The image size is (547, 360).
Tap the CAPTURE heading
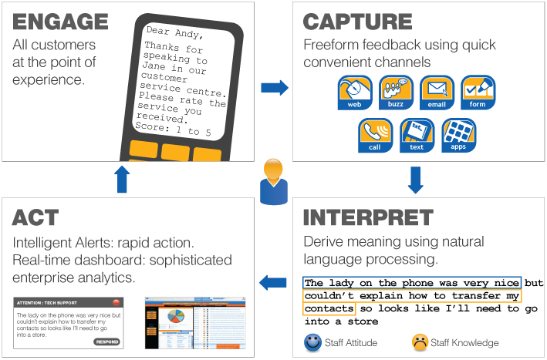358,21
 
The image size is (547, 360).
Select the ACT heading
35,217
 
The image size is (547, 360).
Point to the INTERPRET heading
367,217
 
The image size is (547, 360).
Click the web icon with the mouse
354,93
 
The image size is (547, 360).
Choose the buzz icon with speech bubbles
395,93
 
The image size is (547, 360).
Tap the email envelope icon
437,93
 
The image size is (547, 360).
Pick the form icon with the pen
478,93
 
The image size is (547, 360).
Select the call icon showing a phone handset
375,134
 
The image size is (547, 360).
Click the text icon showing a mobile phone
417,134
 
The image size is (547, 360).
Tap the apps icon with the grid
458,134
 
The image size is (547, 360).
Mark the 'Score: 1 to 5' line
173,128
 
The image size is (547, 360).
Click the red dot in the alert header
116,302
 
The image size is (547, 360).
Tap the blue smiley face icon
312,341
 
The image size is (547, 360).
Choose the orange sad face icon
420,341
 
